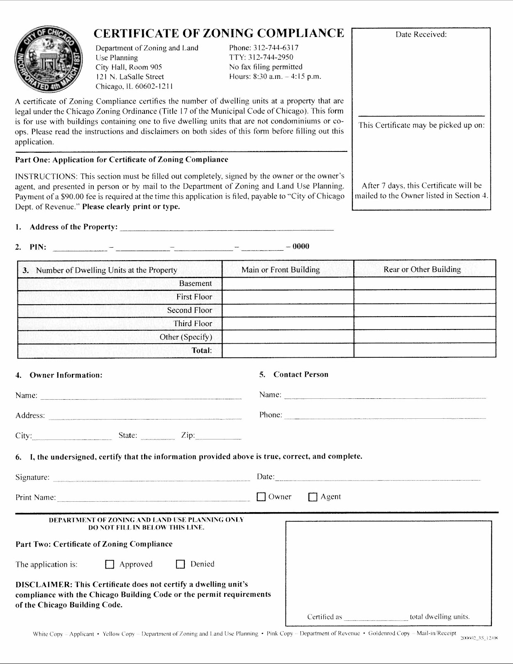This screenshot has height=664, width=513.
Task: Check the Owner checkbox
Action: (261, 497)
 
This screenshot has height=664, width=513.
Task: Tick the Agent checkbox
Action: (313, 497)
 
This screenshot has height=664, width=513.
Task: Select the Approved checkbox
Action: (110, 564)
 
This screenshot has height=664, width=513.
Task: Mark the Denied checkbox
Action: (180, 564)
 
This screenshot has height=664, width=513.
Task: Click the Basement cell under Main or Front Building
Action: (288, 283)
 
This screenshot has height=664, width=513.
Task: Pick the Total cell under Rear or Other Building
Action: (425, 350)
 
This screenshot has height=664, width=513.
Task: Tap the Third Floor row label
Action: (193, 323)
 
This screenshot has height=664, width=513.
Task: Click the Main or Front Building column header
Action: (281, 270)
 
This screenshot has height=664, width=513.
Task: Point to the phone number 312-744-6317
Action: (276, 48)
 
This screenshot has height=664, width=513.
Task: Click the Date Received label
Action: (421, 34)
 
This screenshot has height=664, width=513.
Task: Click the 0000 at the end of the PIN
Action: (300, 247)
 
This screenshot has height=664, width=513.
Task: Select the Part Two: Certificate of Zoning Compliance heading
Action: (94, 544)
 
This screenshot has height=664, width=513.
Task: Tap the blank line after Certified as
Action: (376, 617)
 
